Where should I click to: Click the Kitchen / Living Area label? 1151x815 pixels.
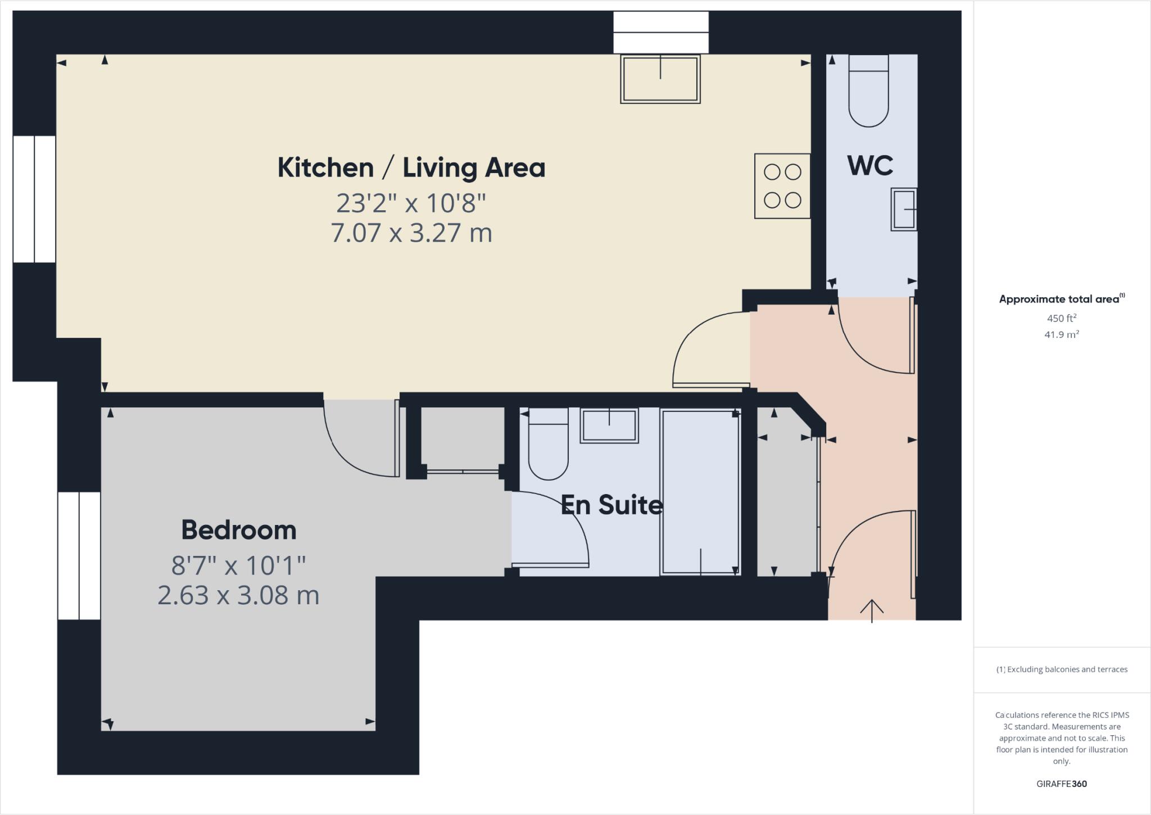coord(411,167)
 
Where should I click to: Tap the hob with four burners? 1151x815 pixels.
coord(782,186)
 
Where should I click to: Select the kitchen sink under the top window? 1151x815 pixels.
coord(660,79)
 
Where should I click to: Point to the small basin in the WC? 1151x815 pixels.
coord(904,209)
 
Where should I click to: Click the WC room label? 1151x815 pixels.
coord(869,165)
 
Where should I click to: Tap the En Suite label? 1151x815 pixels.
coord(611,505)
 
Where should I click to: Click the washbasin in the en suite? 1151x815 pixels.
coord(609,425)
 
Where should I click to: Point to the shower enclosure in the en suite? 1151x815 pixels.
coord(700,492)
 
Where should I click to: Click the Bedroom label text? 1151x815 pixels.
coord(238,530)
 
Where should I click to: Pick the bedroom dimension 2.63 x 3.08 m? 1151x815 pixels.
coord(238,595)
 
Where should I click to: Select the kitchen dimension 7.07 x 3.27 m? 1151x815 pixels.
coord(411,233)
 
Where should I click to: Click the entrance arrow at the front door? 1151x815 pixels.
coord(871,610)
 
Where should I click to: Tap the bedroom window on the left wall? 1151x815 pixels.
coord(79,555)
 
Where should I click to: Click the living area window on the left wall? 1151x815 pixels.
coord(34,199)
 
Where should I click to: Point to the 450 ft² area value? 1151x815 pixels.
coord(1061,318)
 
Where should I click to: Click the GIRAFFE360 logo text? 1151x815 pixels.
coord(1061,784)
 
